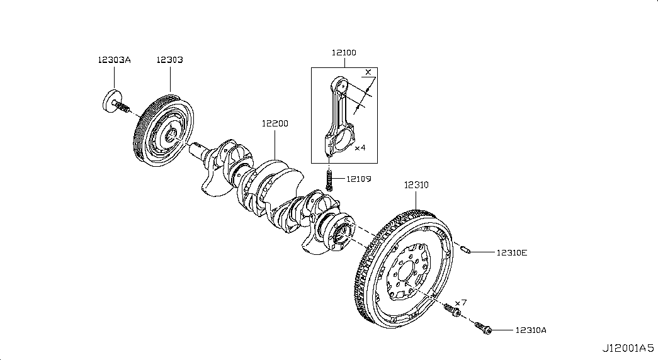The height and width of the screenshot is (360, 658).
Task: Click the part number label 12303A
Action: point(114,60)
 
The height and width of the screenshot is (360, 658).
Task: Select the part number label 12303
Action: point(169,60)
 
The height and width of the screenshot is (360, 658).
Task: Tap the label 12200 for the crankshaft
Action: point(275,124)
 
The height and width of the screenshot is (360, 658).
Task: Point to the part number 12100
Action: point(344,53)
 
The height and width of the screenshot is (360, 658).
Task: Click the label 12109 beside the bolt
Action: point(358,179)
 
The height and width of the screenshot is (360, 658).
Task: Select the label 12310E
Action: point(511,253)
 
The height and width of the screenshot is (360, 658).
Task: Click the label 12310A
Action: point(530,330)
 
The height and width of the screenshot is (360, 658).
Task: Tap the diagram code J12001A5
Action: point(627,347)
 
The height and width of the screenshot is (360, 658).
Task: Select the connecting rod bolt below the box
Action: point(329,180)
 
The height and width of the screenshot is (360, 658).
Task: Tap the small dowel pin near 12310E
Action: point(467,251)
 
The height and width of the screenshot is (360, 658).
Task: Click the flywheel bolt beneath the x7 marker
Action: point(453,310)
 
